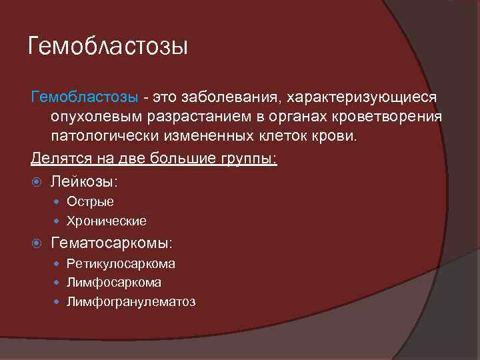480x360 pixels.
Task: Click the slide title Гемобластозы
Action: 109,47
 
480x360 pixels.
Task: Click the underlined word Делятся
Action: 59,160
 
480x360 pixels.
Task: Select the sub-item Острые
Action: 90,202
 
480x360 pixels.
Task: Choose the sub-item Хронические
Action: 106,221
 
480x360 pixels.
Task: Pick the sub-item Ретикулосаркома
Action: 121,264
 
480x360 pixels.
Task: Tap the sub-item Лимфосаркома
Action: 113,283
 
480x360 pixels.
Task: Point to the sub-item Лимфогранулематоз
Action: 131,302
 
